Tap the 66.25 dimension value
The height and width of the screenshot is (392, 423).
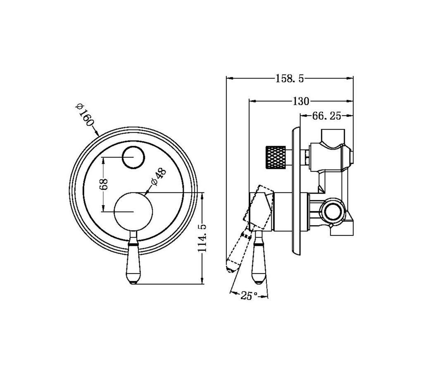[x=326, y=116]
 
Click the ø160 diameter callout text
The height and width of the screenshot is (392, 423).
[x=85, y=115]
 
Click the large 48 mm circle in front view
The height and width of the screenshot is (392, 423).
[x=133, y=211]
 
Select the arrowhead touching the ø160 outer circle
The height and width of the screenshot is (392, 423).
[x=97, y=134]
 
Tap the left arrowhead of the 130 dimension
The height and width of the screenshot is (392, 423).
[x=251, y=100]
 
